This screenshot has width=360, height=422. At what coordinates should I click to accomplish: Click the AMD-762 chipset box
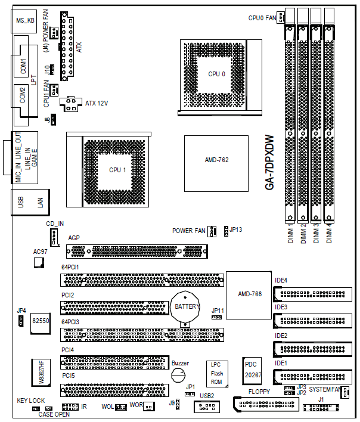[216, 164]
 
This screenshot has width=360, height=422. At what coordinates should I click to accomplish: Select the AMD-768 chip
[249, 295]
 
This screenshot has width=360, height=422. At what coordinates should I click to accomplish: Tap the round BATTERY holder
[185, 308]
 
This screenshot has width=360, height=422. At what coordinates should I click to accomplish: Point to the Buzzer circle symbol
[178, 375]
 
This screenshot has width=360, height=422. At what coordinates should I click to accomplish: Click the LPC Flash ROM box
[217, 374]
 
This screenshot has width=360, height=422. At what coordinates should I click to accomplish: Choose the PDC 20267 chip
[252, 371]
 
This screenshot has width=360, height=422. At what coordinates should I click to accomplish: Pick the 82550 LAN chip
[41, 323]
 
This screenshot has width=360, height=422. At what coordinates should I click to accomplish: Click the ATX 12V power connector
[71, 104]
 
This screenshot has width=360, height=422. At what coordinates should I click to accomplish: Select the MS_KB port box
[24, 21]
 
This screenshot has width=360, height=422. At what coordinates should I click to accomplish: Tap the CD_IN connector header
[54, 237]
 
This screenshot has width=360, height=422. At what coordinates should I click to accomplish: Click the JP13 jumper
[226, 231]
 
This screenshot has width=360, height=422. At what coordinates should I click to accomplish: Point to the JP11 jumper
[216, 317]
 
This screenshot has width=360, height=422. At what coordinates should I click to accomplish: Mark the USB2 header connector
[207, 407]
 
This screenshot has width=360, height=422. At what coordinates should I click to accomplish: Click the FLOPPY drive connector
[266, 404]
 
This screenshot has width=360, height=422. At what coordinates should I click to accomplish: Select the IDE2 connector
[313, 349]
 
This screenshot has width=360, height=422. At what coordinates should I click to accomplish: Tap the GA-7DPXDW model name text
[269, 163]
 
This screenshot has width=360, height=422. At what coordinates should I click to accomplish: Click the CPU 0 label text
[216, 74]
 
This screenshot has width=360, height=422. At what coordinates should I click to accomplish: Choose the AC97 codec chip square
[39, 263]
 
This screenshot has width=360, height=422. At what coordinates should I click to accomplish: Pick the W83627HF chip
[41, 373]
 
